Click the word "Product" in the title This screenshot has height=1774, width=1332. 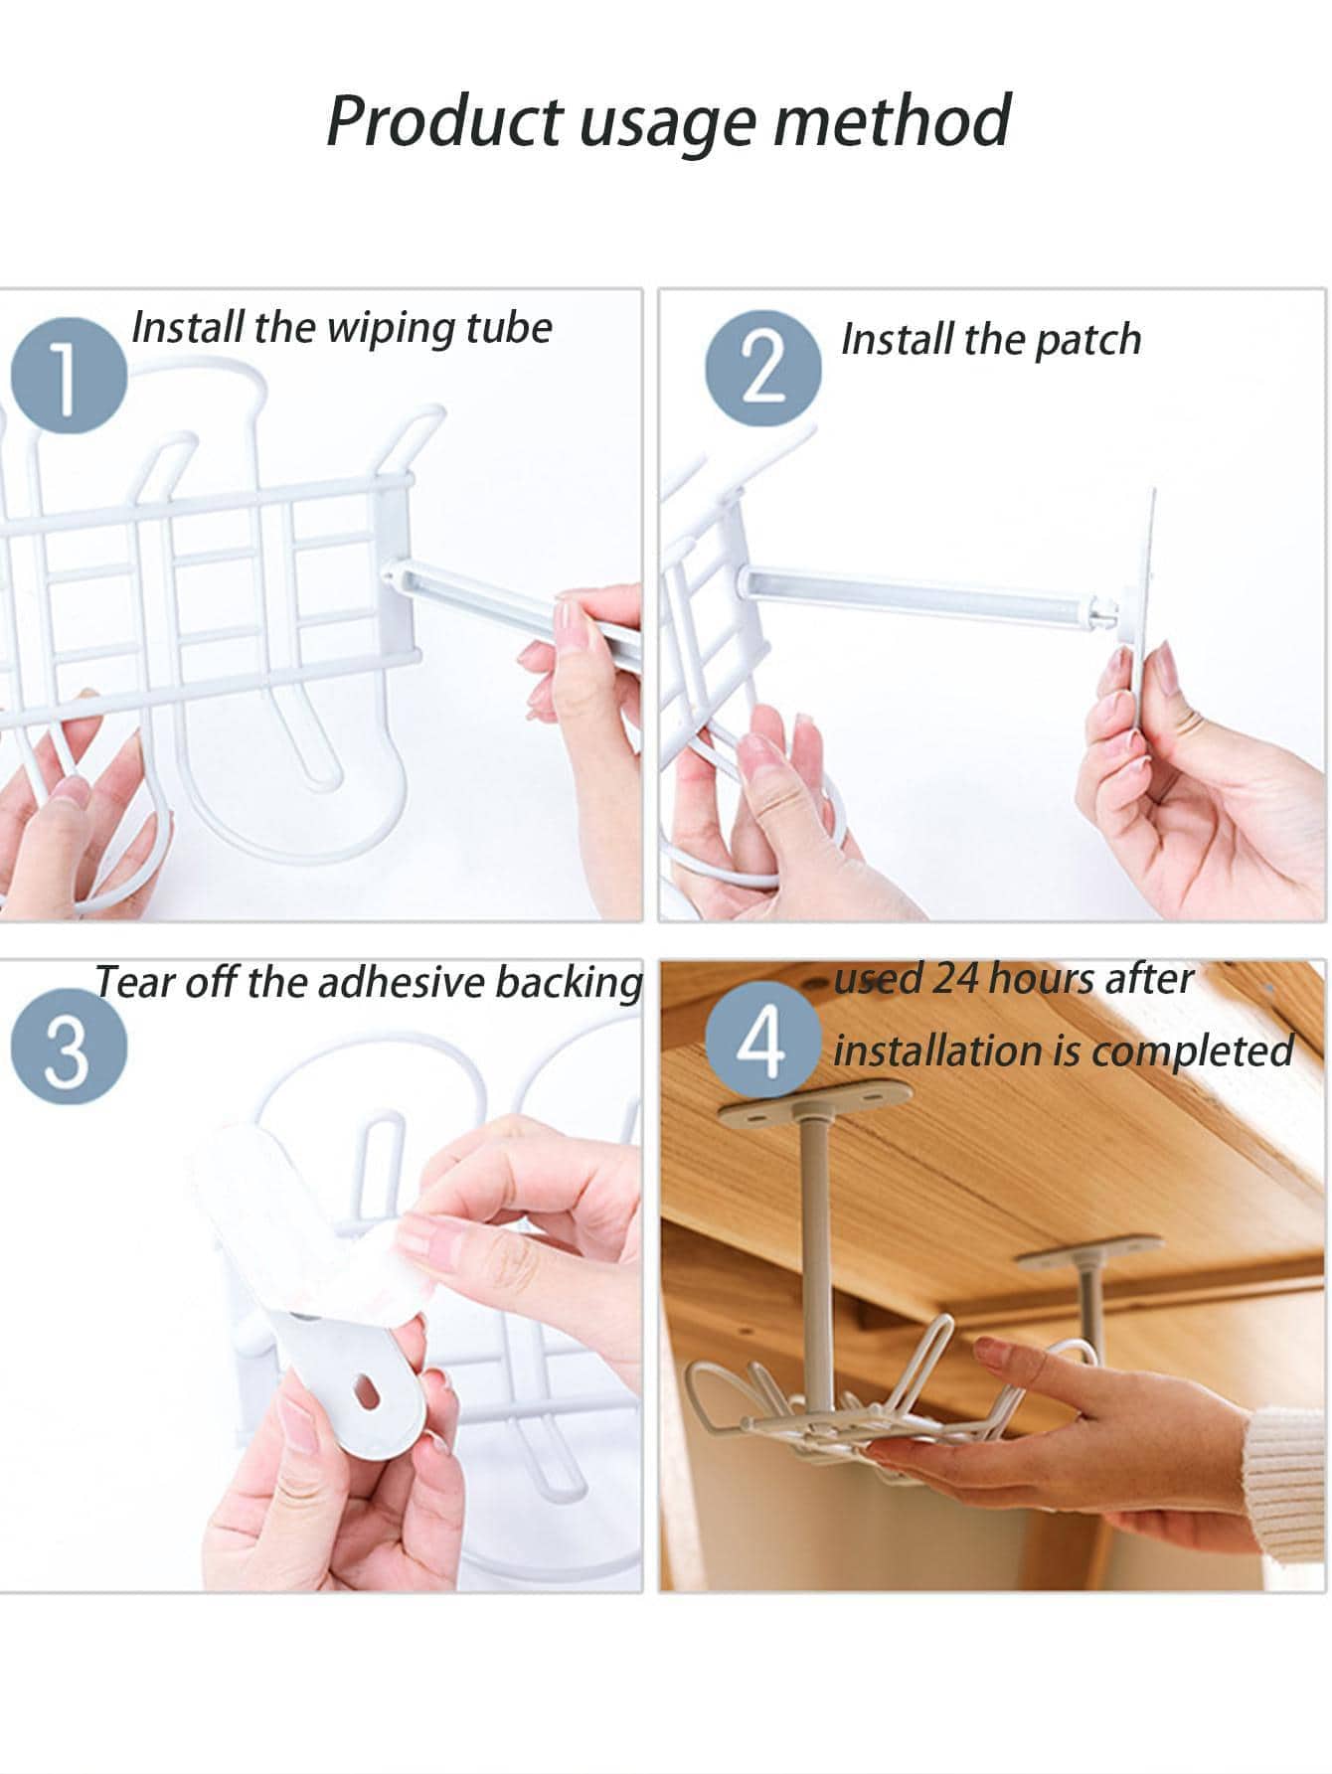click(x=443, y=120)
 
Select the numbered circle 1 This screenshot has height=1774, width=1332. click(x=69, y=377)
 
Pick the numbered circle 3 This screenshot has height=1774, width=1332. click(x=69, y=1046)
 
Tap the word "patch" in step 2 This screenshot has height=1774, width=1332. click(x=1087, y=340)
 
